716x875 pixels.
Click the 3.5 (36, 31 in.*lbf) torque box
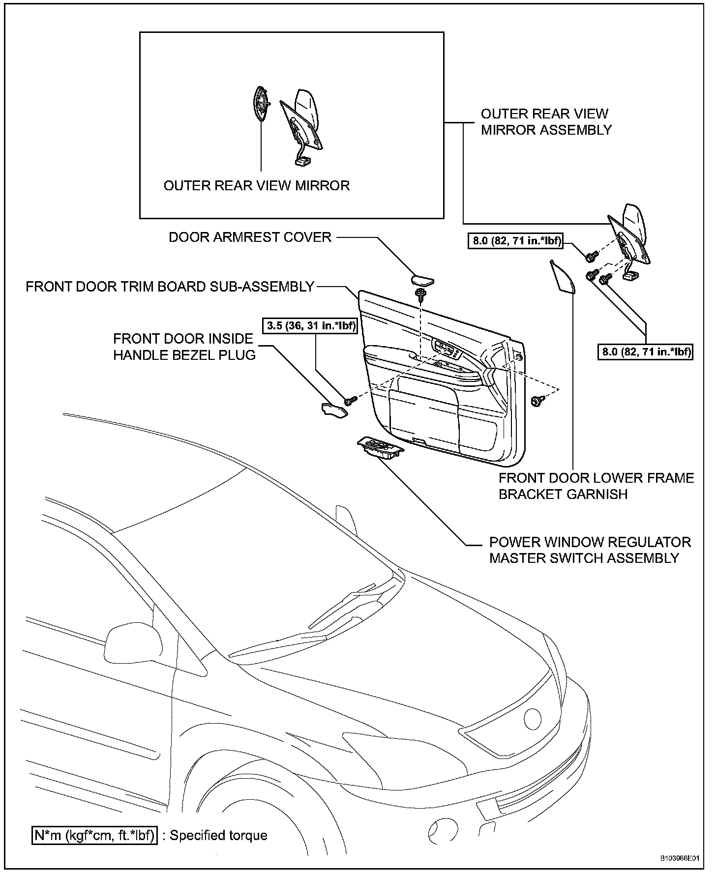pyautogui.click(x=311, y=325)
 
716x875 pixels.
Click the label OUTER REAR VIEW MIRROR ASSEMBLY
pyautogui.click(x=546, y=122)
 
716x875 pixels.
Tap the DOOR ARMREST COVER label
pyautogui.click(x=250, y=237)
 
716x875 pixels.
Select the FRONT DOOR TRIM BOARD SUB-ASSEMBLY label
pyautogui.click(x=170, y=287)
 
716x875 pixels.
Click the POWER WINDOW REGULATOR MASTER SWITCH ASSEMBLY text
pyautogui.click(x=590, y=550)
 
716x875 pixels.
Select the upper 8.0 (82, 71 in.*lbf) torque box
pyautogui.click(x=515, y=241)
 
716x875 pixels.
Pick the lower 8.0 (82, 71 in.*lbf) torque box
pyautogui.click(x=645, y=352)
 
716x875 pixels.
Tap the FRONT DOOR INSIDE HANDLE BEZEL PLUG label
pyautogui.click(x=184, y=347)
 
